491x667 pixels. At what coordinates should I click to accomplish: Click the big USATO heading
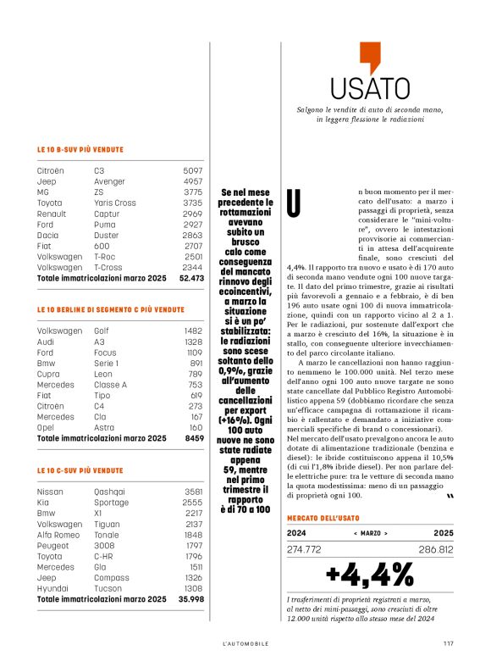(x=363, y=88)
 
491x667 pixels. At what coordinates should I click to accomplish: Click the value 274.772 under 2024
(x=305, y=549)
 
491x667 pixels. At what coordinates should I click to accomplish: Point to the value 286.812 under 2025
(x=436, y=549)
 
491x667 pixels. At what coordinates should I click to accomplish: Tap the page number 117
(x=449, y=643)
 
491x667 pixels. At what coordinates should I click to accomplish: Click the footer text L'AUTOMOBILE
(x=245, y=644)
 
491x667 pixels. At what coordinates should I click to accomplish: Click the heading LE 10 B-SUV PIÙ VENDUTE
(x=80, y=150)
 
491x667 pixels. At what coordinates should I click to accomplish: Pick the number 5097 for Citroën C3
(x=193, y=170)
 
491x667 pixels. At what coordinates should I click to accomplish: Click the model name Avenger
(x=109, y=181)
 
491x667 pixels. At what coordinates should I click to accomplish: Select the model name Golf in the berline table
(x=102, y=331)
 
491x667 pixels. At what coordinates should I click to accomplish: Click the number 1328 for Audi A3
(x=194, y=341)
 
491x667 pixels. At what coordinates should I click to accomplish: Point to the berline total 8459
(x=194, y=438)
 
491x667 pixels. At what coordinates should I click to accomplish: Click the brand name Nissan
(x=51, y=492)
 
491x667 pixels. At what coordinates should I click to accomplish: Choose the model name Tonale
(x=107, y=535)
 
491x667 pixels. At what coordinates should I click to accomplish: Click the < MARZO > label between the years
(x=370, y=534)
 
